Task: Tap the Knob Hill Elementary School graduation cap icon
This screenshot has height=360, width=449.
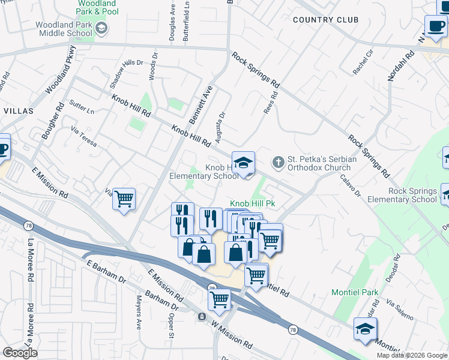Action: pyautogui.click(x=244, y=163)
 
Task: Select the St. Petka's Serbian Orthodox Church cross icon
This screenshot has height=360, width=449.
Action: pyautogui.click(x=277, y=162)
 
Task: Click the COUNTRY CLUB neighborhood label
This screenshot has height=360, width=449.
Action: pyautogui.click(x=325, y=20)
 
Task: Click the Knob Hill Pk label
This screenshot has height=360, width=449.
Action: pyautogui.click(x=253, y=204)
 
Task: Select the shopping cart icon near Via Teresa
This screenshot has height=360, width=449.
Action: pyautogui.click(x=124, y=199)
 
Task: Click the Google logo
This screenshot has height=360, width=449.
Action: pyautogui.click(x=20, y=352)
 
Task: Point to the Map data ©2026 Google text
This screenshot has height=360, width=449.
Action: pyautogui.click(x=411, y=355)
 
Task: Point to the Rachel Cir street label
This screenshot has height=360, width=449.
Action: pyautogui.click(x=363, y=62)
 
